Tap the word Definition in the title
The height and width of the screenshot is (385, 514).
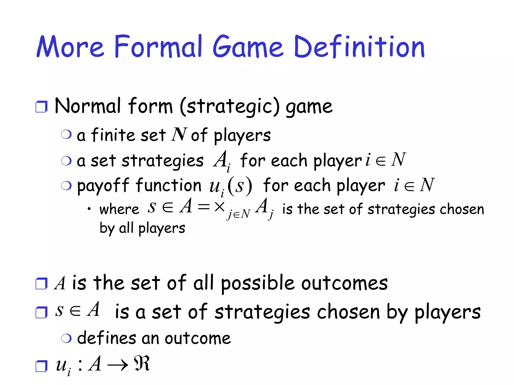(359, 47)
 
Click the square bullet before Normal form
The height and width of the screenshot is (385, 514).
(41, 107)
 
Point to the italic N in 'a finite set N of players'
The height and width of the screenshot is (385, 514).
(179, 135)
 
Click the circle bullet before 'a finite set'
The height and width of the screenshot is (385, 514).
(66, 135)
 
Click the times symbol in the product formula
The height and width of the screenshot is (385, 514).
(219, 207)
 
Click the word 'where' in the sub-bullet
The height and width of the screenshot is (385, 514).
(119, 209)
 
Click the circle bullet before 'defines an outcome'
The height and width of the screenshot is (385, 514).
(66, 338)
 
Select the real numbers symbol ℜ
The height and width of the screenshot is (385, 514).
(142, 363)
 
